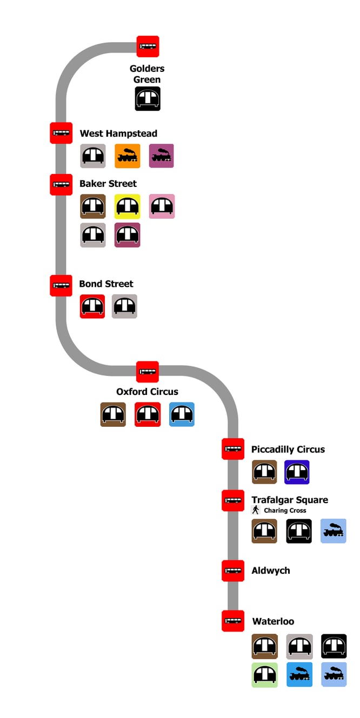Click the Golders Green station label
click(147, 74)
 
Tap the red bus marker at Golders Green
click(148, 46)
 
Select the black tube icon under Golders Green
click(148, 98)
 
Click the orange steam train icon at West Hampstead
click(128, 156)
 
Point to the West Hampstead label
click(118, 133)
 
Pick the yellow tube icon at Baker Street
click(128, 206)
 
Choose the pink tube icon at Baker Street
click(162, 206)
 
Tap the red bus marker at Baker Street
click(61, 184)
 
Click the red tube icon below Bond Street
click(92, 306)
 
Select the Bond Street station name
click(106, 284)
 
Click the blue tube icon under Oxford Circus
click(182, 414)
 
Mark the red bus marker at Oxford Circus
click(148, 372)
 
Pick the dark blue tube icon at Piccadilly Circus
click(297, 472)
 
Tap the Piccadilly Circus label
click(288, 449)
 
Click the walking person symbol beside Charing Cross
click(256, 510)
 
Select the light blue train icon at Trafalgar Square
click(334, 531)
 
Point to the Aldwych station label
click(271, 571)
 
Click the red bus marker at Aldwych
click(233, 571)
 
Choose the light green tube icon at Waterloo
click(265, 675)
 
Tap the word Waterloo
click(274, 621)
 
